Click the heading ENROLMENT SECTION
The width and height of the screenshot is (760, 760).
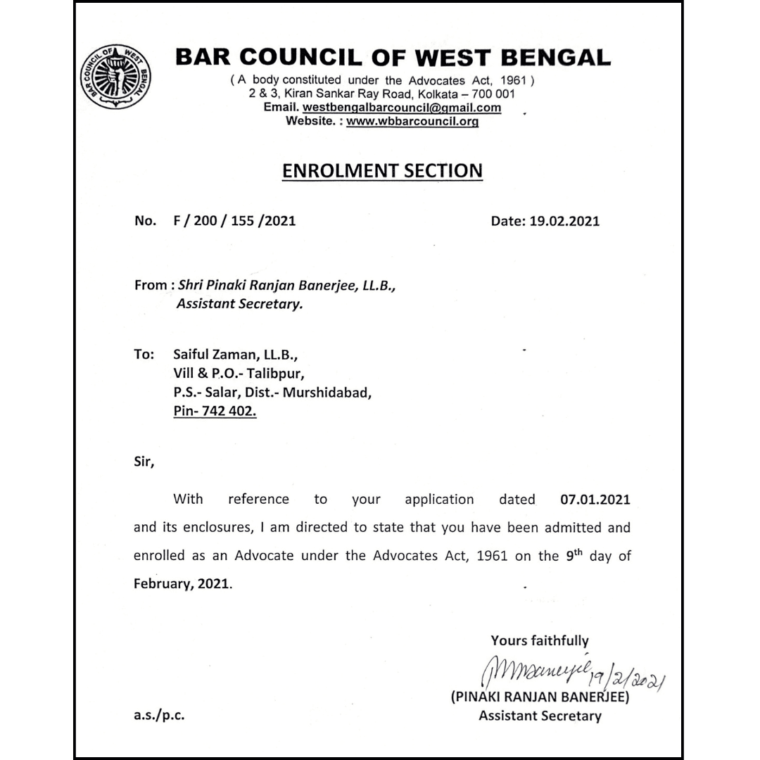click(382, 171)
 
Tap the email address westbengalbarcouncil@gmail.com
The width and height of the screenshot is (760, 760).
click(401, 108)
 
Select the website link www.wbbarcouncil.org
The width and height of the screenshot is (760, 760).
click(412, 121)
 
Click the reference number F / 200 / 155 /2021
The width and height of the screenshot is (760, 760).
click(234, 221)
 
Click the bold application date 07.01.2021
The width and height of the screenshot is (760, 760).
click(595, 500)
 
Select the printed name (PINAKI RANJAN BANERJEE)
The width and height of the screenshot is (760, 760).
click(540, 698)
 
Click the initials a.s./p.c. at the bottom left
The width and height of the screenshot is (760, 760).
click(160, 716)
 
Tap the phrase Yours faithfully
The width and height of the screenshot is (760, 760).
click(540, 640)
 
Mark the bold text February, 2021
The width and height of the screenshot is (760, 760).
click(182, 584)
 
